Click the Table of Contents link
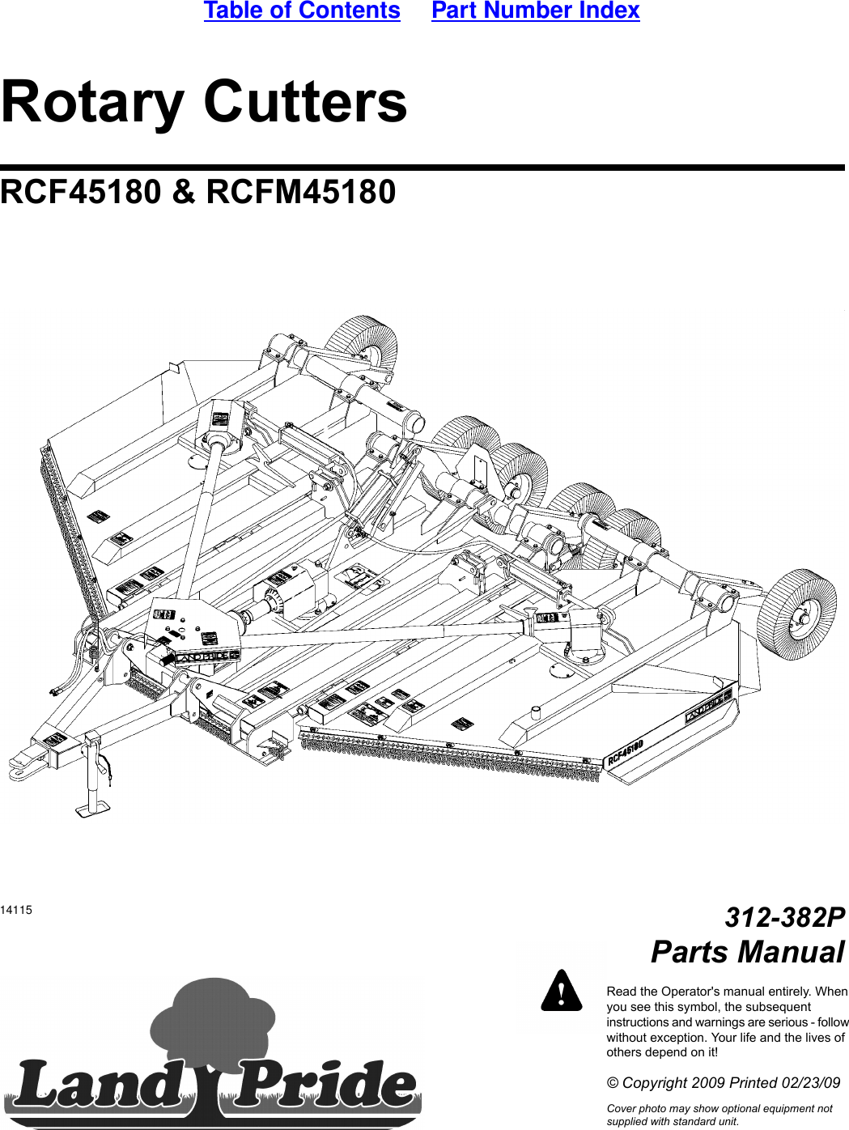302,11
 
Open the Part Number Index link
535,11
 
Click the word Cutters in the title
305,102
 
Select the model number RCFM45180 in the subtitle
301,193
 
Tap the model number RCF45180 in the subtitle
81,193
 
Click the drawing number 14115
16,910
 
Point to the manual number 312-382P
784,917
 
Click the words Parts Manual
747,952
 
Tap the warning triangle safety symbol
562,991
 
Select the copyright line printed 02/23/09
723,1083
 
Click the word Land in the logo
97,1085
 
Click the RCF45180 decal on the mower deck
625,753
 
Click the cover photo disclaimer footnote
719,1115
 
